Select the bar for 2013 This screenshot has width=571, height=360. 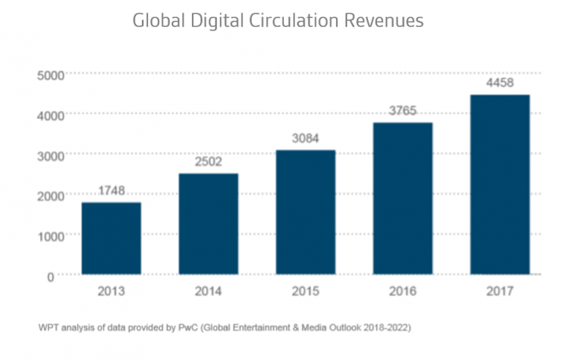[x=111, y=238]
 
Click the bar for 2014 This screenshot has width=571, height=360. [x=208, y=224]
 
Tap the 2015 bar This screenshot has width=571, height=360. [x=306, y=212]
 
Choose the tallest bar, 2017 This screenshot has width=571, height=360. [x=500, y=184]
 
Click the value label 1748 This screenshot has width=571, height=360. [x=111, y=191]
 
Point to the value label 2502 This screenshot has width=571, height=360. [x=208, y=162]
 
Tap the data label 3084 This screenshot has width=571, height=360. [x=306, y=139]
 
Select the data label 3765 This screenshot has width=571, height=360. [x=402, y=111]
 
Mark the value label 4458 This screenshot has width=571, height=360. [x=500, y=83]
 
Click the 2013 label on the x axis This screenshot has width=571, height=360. [x=111, y=291]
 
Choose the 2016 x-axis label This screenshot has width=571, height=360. [x=402, y=291]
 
